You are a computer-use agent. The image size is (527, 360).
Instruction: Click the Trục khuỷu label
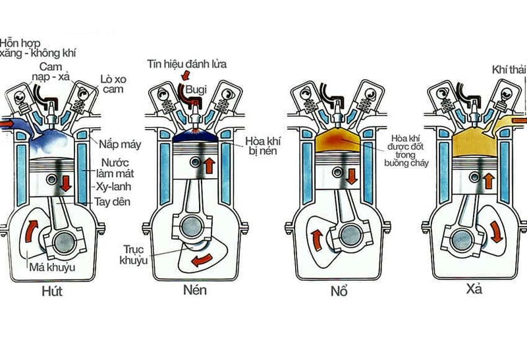[x=134, y=255]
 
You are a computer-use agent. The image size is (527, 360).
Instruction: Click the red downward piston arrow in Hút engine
[x=65, y=182]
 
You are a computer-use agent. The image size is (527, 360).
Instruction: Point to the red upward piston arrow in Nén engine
[x=208, y=164]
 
